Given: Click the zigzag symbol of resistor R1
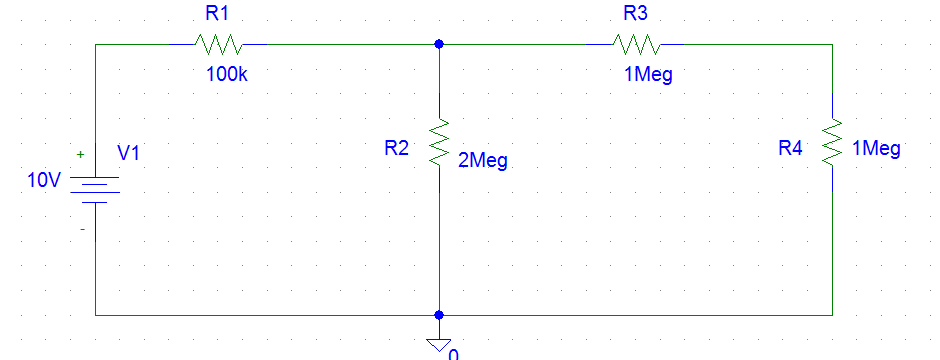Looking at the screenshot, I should [x=218, y=44].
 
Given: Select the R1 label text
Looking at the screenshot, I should [x=217, y=15].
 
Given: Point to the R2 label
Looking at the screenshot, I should [x=397, y=148].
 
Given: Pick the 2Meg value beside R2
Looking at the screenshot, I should [x=482, y=160].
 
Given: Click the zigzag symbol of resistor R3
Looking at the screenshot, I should [x=636, y=44].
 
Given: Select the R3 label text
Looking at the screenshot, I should [x=636, y=14].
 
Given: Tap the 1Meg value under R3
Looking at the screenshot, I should [x=647, y=75].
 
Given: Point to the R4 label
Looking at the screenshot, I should [x=790, y=148].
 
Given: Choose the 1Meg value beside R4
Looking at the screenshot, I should [x=877, y=149].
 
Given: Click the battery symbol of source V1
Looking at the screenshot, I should [x=95, y=190].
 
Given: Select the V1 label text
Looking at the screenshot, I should [x=129, y=153].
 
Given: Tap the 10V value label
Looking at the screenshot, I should [x=45, y=181].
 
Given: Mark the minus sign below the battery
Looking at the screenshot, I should [x=82, y=229].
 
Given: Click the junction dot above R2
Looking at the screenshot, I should [x=439, y=44].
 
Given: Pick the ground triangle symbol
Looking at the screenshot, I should [x=438, y=344].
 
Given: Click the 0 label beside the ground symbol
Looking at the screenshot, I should [x=453, y=353].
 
